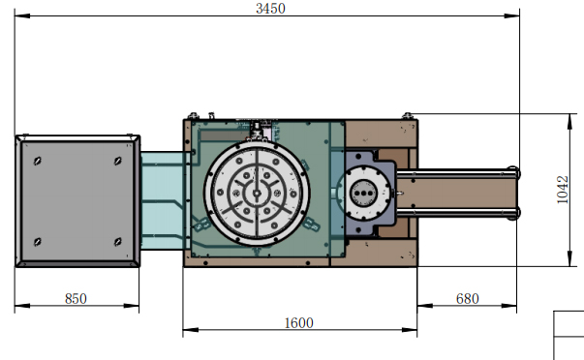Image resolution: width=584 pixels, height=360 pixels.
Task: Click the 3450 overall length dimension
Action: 271,8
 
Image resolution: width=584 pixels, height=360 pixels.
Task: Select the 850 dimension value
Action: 76,299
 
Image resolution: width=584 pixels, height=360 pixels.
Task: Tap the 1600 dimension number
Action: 298,323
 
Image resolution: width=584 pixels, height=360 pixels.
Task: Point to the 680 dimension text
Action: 468,299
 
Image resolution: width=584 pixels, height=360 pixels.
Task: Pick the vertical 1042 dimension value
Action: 563,190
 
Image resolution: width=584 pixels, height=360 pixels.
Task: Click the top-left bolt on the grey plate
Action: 37,161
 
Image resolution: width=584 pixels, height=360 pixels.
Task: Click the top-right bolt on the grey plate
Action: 118,161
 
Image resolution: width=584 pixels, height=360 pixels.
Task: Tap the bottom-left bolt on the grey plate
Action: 37,242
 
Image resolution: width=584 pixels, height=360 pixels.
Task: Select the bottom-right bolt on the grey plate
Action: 118,242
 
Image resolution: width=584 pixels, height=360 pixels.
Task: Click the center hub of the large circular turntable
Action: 257,193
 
